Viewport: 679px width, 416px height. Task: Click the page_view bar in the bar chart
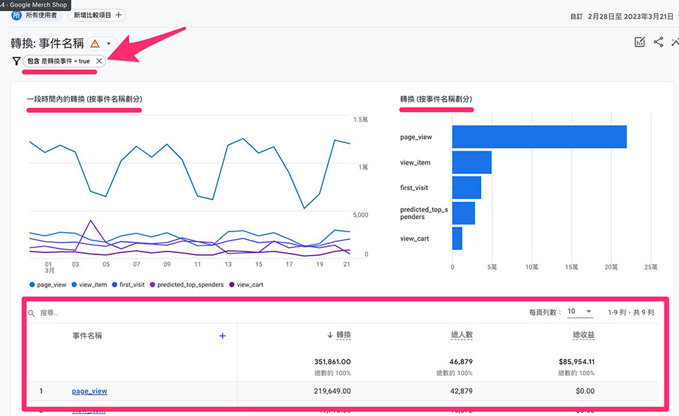coord(539,137)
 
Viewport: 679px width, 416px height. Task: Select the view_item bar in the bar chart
coord(472,162)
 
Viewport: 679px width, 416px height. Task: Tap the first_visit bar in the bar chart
coord(466,187)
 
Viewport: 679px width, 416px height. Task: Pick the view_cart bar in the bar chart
coord(457,238)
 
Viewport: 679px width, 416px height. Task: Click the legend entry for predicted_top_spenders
coord(187,285)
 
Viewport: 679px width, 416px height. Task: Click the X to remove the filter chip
coord(99,61)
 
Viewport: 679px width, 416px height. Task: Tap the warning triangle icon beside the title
coord(95,44)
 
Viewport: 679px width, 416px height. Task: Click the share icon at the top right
coord(658,42)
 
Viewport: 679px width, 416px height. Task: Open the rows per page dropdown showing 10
coord(579,312)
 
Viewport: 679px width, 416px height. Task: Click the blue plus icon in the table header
coord(223,336)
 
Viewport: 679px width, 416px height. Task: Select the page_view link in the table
coord(89,391)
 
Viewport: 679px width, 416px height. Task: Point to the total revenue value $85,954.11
coord(576,361)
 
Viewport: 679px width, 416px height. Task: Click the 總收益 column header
coord(584,336)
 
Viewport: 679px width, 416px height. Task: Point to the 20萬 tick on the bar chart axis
coord(611,266)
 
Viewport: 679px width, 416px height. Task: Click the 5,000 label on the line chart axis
coord(362,215)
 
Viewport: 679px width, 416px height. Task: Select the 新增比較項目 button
coord(97,15)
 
